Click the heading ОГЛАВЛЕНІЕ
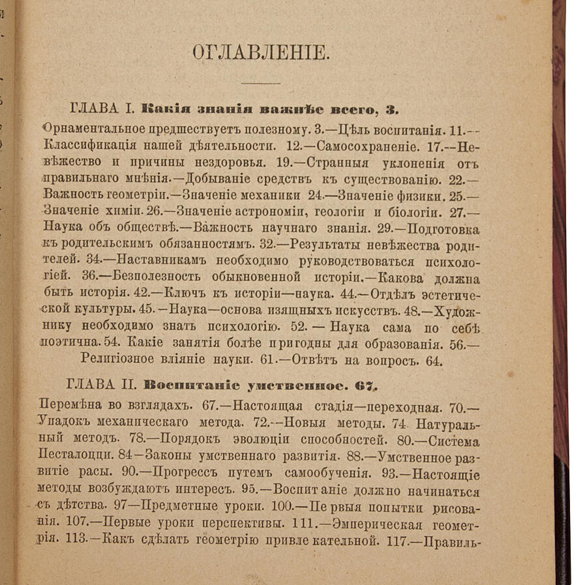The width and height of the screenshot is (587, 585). pos(260,52)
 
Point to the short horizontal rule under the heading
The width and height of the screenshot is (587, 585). pos(260,83)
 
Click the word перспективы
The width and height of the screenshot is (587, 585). pos(257,522)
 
